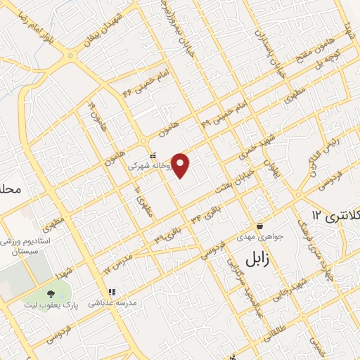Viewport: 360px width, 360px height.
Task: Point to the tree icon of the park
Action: (50, 293)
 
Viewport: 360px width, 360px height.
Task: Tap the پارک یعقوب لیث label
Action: (51, 305)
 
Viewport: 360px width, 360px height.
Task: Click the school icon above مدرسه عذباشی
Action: (111, 292)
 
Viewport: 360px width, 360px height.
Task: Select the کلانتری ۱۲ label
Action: (335, 213)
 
